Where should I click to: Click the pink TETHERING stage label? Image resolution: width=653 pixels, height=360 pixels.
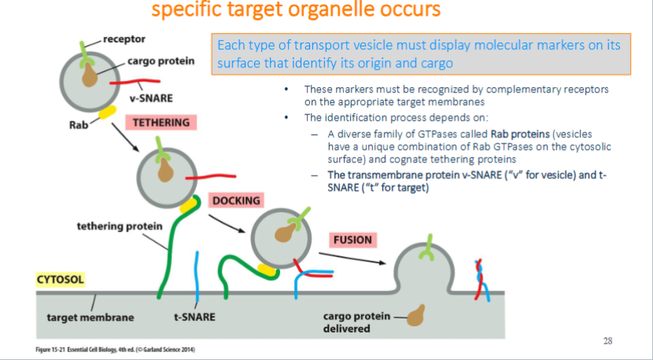160,123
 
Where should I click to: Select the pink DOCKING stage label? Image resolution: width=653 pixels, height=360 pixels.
235,201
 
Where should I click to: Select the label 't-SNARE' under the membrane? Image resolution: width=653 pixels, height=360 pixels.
195,318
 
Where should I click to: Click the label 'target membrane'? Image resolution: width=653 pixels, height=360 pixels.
90,318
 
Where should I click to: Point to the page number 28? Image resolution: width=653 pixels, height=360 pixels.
607,340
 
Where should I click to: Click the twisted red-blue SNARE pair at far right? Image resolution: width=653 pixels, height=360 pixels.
478,279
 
